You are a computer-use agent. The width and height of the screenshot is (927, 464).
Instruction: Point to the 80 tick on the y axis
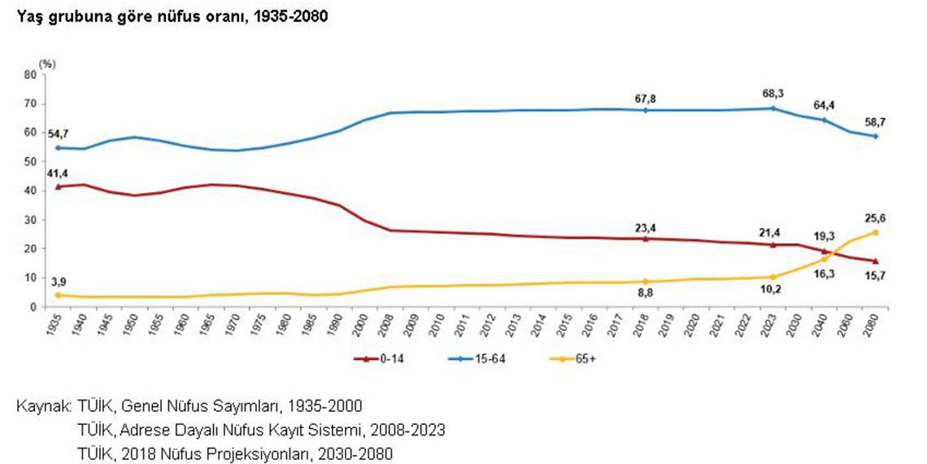point(31,74)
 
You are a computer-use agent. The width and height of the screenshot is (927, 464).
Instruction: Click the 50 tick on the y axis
point(31,161)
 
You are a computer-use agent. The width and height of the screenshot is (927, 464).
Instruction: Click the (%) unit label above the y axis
point(47,63)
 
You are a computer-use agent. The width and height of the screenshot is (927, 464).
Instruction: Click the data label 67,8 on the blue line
point(645,98)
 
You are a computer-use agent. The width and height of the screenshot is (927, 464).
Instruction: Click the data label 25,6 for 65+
point(875,219)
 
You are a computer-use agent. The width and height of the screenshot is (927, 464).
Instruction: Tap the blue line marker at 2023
point(772,108)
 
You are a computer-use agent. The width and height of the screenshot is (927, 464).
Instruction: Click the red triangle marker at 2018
point(645,239)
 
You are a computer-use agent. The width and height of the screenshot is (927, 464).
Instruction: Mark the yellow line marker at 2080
point(875,232)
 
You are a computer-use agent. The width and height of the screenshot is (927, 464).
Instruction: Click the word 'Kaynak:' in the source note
point(44,405)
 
